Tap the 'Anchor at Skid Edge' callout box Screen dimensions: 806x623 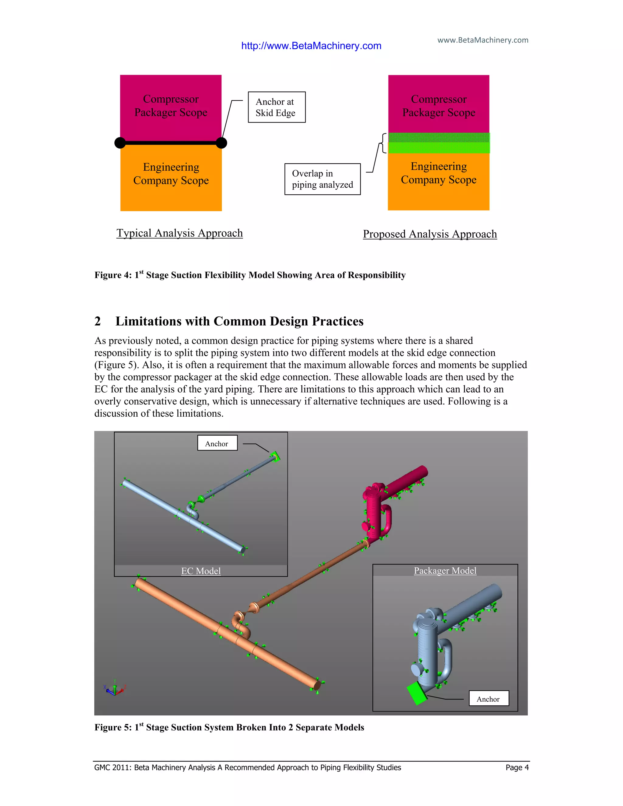(277, 107)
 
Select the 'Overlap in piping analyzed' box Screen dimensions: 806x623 (322, 179)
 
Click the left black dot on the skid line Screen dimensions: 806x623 (120, 143)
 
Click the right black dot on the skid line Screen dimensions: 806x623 (221, 143)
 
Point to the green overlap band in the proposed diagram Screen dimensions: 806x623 (439, 143)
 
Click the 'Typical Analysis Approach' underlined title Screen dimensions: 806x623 (179, 233)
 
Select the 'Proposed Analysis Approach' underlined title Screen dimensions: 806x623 (430, 234)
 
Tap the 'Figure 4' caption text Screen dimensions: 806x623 (250, 275)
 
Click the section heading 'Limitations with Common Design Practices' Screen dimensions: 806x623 (239, 321)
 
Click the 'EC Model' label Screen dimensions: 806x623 (201, 571)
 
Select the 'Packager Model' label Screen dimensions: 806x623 (445, 571)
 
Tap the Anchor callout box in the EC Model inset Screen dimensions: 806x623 (217, 443)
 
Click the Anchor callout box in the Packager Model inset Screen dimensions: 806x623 (488, 699)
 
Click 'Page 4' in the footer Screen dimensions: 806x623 (517, 768)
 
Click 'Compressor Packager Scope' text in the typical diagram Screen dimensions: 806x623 (171, 106)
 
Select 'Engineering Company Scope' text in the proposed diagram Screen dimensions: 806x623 (438, 173)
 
